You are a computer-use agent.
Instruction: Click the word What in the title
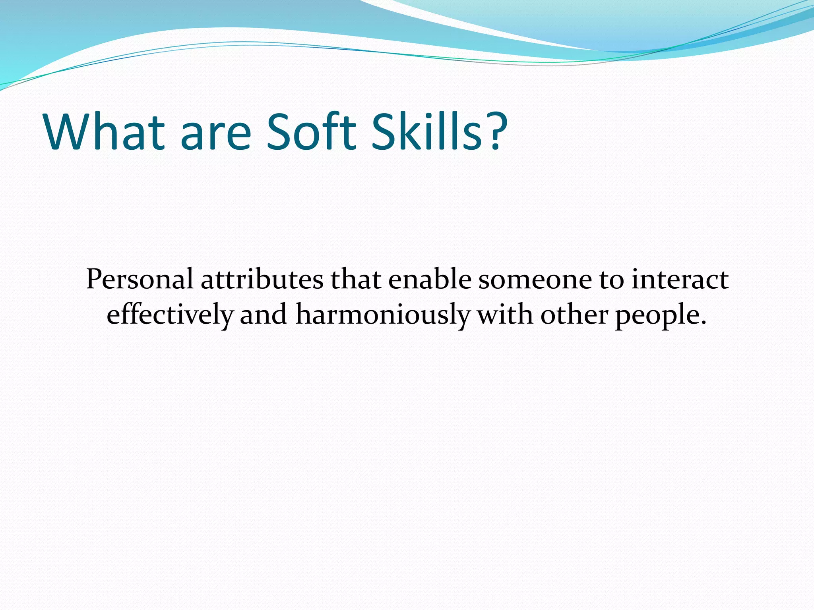coord(104,132)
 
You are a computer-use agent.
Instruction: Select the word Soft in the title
coord(311,132)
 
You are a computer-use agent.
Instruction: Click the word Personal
coord(140,280)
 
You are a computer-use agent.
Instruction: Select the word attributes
coord(262,280)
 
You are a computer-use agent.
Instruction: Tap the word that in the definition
coord(356,280)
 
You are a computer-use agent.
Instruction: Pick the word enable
coord(430,280)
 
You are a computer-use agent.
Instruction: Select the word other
coord(574,315)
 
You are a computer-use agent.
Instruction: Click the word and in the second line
coord(264,315)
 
